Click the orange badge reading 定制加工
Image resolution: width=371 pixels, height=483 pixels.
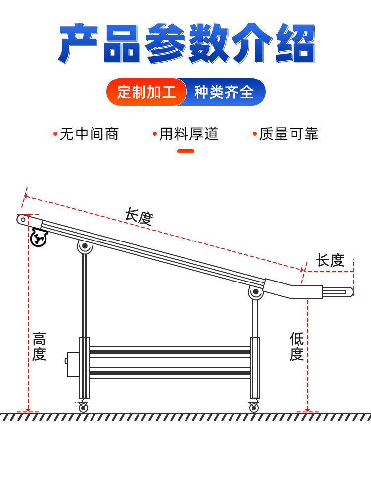click(146, 92)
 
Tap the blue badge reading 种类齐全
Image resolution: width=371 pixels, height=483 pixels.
click(224, 92)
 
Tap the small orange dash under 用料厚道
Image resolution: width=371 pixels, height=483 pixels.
click(186, 151)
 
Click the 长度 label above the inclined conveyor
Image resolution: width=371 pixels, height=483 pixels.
click(139, 217)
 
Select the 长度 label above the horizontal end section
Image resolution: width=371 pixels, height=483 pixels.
click(330, 260)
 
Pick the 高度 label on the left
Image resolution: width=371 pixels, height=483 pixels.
click(39, 346)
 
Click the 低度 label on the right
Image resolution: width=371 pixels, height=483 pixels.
click(296, 346)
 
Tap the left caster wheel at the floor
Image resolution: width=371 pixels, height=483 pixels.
click(83, 407)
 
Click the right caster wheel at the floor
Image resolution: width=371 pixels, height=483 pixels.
click(253, 407)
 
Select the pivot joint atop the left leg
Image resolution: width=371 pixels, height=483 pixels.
click(84, 246)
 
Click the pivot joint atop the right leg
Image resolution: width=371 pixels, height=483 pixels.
click(256, 292)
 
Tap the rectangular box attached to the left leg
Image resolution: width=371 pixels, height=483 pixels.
click(73, 364)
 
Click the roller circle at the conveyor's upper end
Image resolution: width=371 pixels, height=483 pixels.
click(23, 220)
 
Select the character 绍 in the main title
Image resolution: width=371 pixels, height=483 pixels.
click(295, 43)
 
